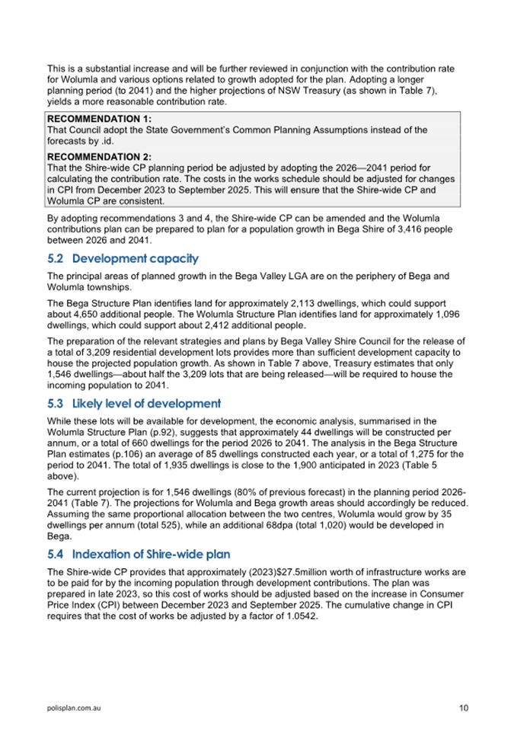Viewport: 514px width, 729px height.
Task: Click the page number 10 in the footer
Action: tap(464, 708)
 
